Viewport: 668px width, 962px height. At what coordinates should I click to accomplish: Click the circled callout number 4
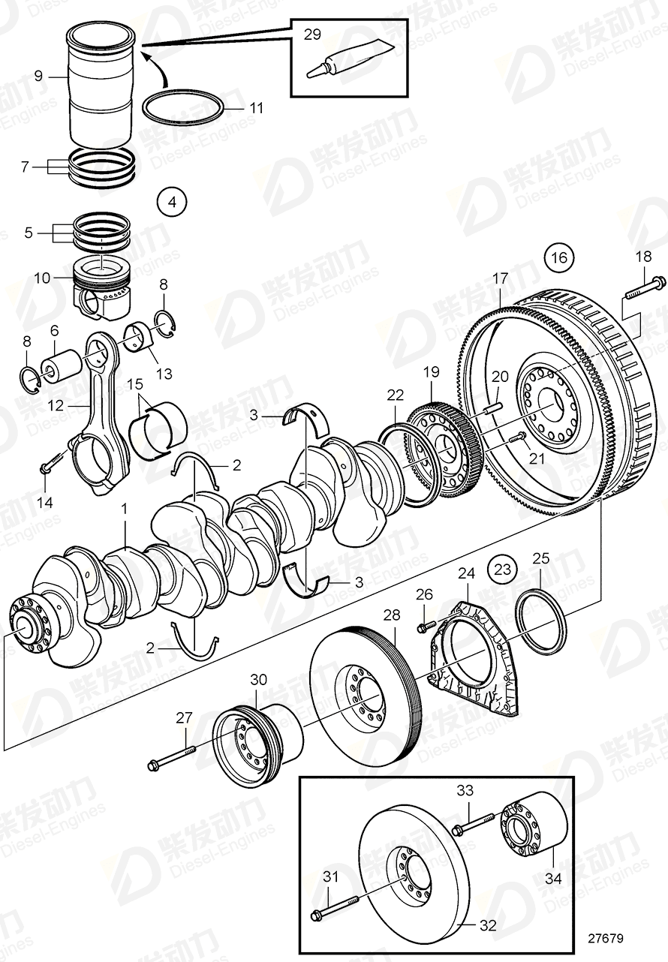171,202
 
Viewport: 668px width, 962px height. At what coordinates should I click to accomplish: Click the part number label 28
391,616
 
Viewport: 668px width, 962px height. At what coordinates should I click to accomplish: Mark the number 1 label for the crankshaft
125,509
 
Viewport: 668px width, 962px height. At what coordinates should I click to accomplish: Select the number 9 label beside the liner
38,75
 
